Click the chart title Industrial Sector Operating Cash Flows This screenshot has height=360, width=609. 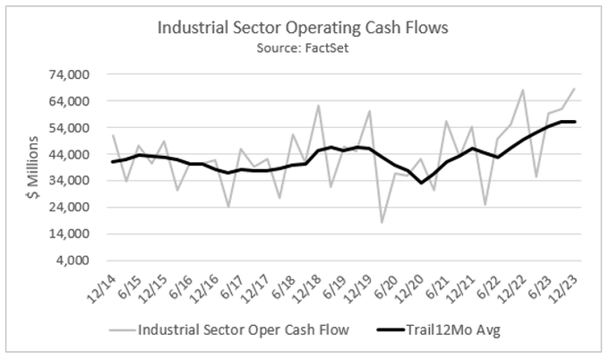pos(304,28)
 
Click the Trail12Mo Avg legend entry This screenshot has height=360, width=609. pos(449,330)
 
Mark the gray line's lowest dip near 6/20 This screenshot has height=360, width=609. pos(382,222)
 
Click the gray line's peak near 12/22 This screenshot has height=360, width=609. pos(523,90)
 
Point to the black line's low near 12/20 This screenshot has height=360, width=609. pos(421,183)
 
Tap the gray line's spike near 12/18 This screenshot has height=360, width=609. pos(318,106)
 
